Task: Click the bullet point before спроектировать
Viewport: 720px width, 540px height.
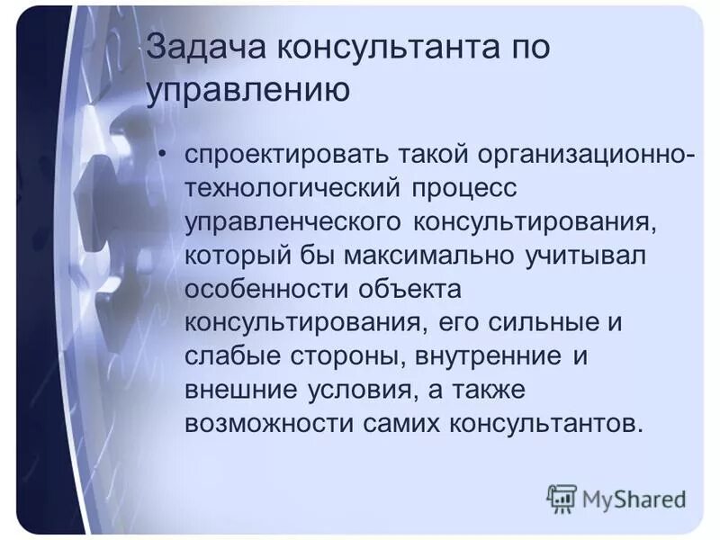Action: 162,154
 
